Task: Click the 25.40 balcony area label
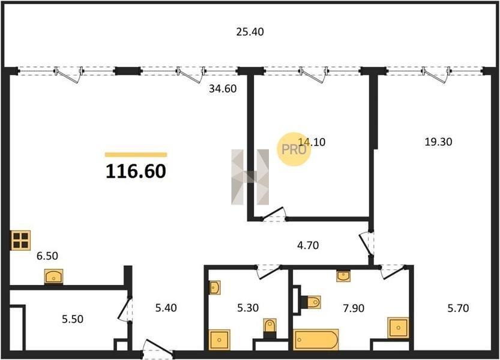coord(250,32)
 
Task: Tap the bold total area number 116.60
coord(136,171)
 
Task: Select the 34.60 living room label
coord(223,89)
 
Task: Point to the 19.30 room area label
coord(438,142)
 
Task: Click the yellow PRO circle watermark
coord(294,149)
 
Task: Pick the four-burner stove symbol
coord(21,240)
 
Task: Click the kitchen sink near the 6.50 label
coord(53,277)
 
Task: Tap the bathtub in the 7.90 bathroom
coord(316,340)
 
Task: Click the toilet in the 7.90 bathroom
coord(313,302)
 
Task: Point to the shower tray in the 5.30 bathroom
coord(220,340)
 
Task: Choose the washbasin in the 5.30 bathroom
coord(214,287)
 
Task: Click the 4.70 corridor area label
coord(308,245)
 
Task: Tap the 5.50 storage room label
coord(73,319)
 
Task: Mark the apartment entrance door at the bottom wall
coord(158,349)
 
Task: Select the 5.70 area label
coord(458,308)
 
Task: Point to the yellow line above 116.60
coord(136,155)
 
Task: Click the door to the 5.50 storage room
coord(125,310)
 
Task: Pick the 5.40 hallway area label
coord(166,308)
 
